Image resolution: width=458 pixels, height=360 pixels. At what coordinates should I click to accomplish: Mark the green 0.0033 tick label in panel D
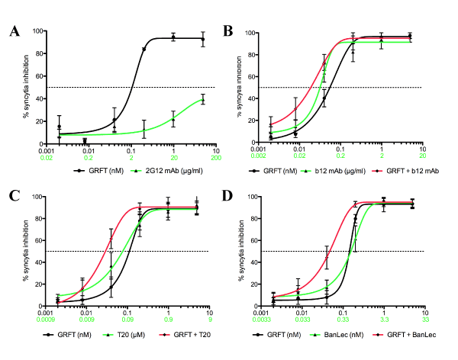pyautogui.click(x=260, y=322)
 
